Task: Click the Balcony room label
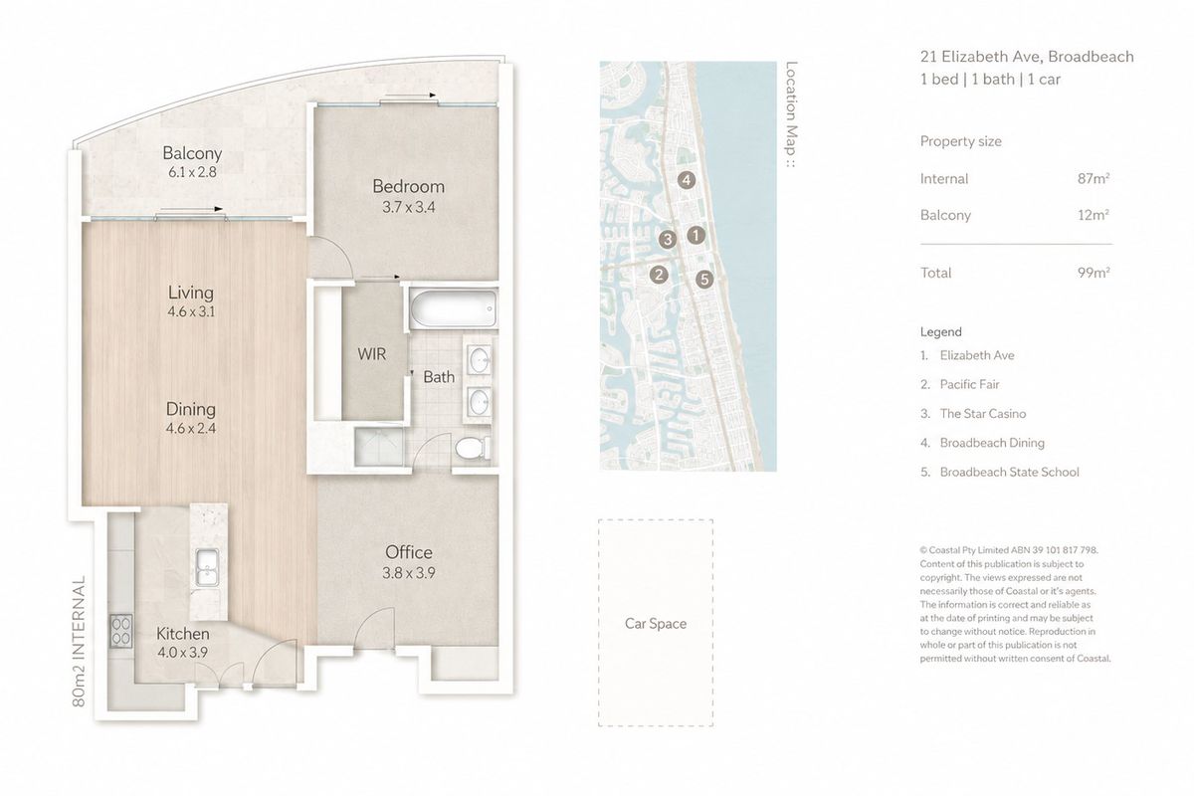pos(192,153)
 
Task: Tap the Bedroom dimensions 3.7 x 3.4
pos(408,207)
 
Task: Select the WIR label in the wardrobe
pos(371,354)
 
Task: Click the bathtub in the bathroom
pos(453,308)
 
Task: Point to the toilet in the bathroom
pos(473,448)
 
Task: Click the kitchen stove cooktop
pos(121,631)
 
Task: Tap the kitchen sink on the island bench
pos(206,567)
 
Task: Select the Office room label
pos(409,552)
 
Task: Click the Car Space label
pos(656,623)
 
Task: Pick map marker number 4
pos(687,180)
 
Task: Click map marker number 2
pos(659,275)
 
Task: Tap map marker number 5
pos(704,279)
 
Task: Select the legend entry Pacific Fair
pos(969,384)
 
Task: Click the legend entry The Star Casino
pos(983,414)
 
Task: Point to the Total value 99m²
pos(1094,273)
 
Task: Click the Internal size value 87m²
pos(1094,179)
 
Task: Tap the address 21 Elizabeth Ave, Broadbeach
pos(1027,57)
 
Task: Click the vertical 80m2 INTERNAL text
pos(79,641)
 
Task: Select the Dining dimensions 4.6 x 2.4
pos(191,428)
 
